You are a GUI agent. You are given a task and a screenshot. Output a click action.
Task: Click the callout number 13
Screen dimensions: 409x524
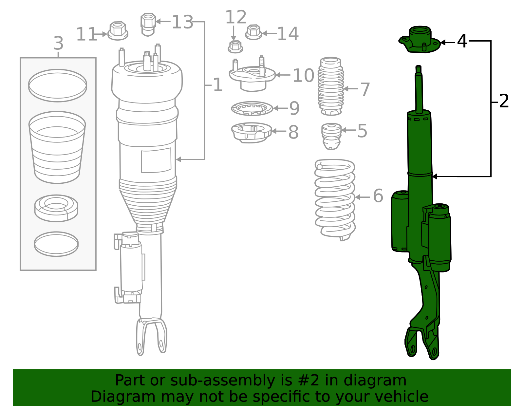pos(182,22)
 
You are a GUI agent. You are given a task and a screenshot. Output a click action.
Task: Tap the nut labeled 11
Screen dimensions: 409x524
pos(118,31)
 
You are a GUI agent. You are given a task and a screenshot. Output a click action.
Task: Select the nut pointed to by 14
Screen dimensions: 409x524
pos(253,32)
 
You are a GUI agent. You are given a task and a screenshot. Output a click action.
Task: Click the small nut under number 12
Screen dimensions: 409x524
pos(235,47)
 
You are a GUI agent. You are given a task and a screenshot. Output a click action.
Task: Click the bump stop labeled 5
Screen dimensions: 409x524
pos(331,136)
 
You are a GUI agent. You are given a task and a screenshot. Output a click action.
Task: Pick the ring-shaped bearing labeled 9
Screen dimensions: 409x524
pos(252,108)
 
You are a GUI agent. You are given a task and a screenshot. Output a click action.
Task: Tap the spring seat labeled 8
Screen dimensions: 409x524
pos(251,132)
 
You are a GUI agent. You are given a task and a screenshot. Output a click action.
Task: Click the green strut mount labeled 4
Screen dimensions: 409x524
pos(420,40)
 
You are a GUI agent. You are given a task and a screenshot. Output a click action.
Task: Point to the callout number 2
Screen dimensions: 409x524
pos(504,101)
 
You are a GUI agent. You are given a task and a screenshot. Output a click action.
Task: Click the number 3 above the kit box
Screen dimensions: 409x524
pos(58,43)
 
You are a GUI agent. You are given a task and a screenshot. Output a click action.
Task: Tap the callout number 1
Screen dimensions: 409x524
pos(217,85)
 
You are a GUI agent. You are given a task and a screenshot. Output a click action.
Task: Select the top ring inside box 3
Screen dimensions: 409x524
pos(58,85)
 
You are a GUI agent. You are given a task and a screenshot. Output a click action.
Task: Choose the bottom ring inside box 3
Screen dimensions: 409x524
pos(56,244)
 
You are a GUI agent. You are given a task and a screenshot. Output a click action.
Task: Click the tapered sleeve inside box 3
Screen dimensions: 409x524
pos(57,147)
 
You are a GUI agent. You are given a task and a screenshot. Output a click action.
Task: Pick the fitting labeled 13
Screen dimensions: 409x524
pos(148,24)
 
